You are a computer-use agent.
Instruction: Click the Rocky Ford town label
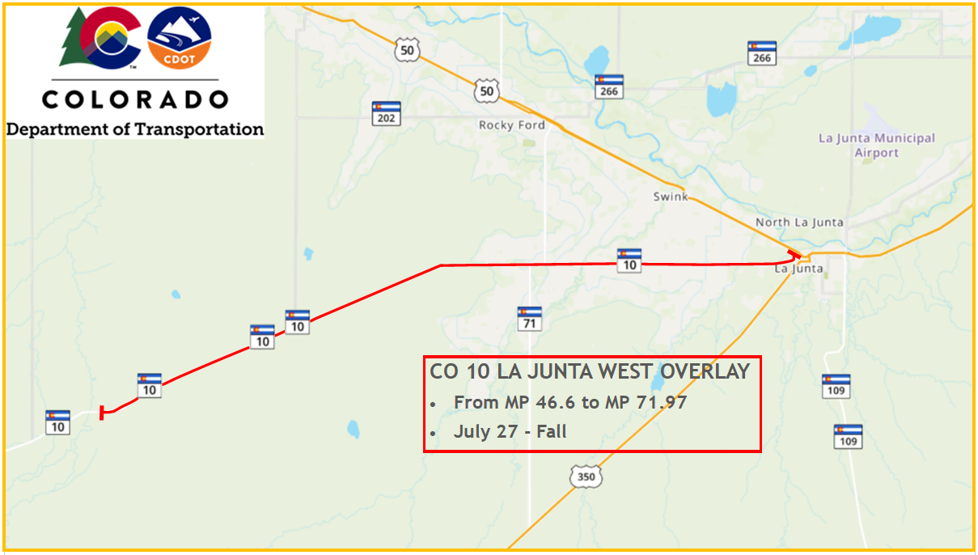tap(511, 125)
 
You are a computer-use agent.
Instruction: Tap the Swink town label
tap(670, 197)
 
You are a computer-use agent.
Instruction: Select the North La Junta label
tap(799, 222)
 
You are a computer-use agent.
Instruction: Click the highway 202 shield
tap(387, 113)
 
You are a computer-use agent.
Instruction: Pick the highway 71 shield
tap(530, 319)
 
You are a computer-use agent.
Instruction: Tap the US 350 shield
tap(586, 477)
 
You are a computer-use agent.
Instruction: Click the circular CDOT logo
tap(180, 39)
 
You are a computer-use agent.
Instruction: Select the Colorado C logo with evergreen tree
tap(100, 38)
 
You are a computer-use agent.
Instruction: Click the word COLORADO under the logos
tap(135, 100)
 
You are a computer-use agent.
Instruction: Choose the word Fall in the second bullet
tap(552, 432)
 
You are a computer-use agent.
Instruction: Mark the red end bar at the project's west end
tap(101, 413)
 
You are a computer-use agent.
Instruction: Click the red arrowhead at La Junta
tap(797, 256)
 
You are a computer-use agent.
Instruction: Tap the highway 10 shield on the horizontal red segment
tap(629, 260)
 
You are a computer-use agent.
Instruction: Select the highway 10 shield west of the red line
tap(57, 422)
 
